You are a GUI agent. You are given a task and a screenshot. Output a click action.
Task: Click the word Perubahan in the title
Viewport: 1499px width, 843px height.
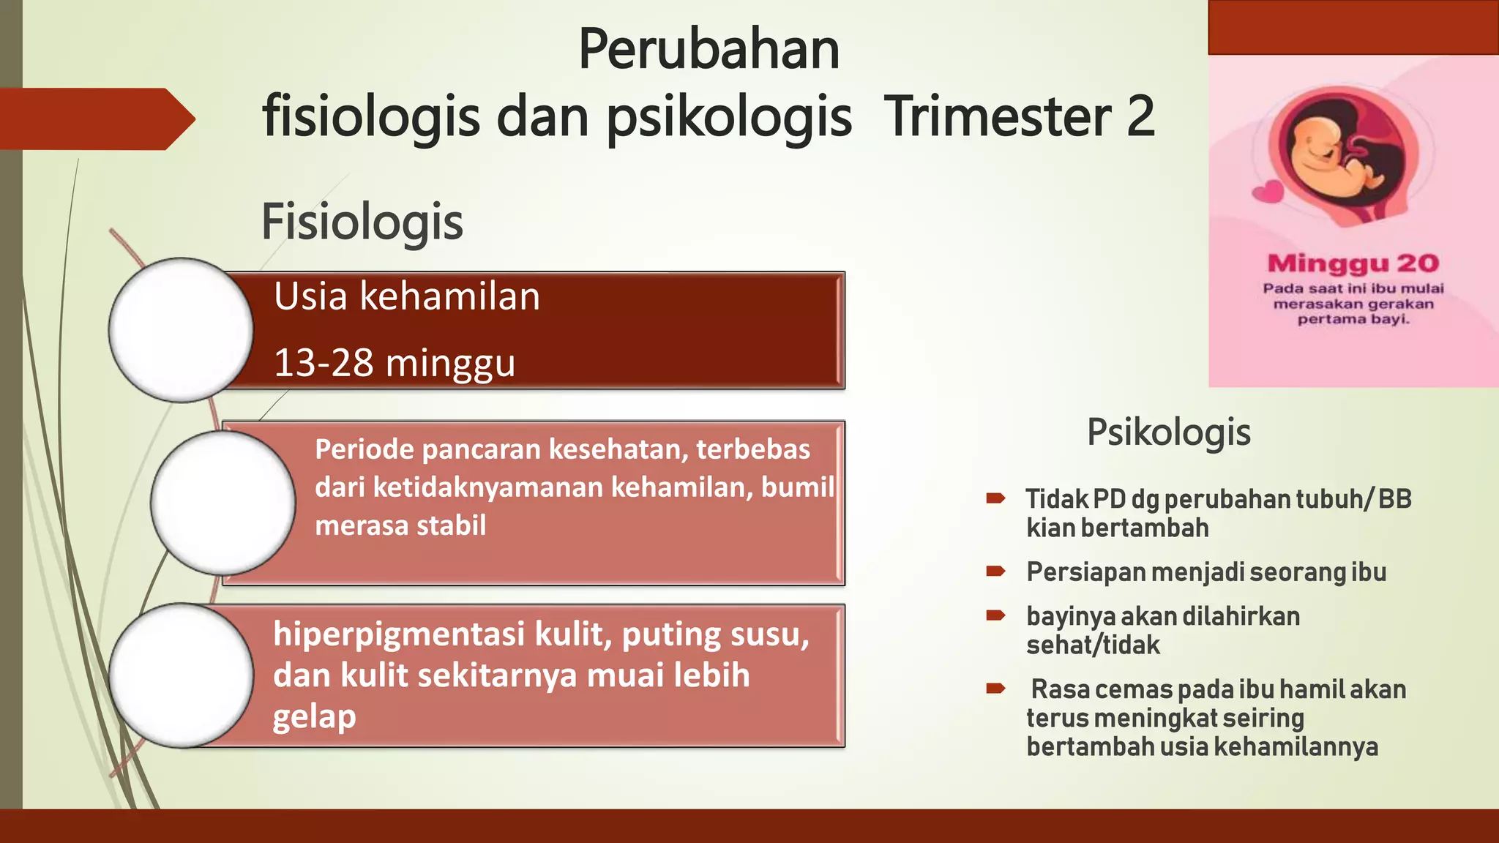pos(709,50)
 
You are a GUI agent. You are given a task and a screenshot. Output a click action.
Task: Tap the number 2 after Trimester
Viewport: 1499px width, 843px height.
pos(1140,116)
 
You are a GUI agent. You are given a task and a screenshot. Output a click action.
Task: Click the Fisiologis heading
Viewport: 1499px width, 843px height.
pos(362,222)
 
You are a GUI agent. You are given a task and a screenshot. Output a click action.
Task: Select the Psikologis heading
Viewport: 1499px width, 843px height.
pos(1168,432)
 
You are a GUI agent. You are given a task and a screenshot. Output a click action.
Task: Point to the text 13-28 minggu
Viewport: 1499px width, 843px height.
pos(394,363)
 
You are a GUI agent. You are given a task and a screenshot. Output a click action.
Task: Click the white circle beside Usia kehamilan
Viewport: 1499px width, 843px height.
pos(181,330)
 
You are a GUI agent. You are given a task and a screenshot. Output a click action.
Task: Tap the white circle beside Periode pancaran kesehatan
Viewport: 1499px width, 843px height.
pos(223,503)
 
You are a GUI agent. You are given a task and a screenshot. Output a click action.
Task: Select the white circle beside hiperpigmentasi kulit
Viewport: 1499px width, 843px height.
pos(181,675)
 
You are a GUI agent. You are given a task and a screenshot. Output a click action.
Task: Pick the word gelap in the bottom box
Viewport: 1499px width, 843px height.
pos(314,716)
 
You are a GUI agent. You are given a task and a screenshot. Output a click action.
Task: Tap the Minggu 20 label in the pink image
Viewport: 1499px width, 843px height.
pos(1353,263)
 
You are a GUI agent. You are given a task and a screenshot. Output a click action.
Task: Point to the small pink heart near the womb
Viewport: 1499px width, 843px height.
pos(1268,192)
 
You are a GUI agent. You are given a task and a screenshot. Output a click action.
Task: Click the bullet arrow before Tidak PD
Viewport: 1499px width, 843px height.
pos(995,499)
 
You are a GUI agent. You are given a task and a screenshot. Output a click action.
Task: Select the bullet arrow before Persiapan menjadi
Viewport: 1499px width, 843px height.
pos(995,572)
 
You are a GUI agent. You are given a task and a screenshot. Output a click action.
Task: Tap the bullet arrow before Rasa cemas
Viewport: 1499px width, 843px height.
pos(995,688)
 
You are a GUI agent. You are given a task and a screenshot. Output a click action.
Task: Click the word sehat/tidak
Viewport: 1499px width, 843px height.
pos(1092,645)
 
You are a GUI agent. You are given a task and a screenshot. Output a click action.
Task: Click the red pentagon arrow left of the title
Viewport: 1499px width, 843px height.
pos(95,119)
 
